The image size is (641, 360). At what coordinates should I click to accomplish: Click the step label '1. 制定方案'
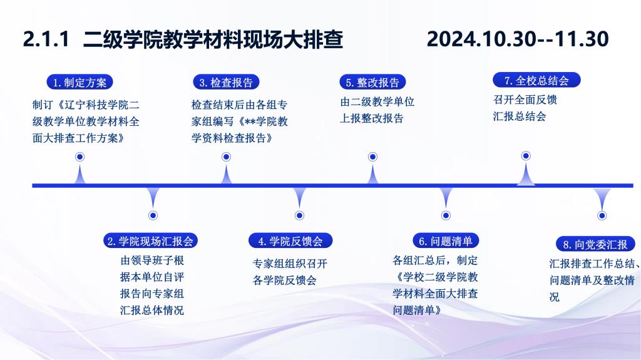coord(79,82)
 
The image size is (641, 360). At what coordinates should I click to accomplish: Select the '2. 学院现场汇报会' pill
coord(150,240)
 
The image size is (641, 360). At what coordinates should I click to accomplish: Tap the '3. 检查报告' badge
coord(226,82)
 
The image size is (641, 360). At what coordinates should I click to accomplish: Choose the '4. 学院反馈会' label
coord(290,240)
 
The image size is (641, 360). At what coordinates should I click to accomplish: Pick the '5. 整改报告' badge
coord(372,82)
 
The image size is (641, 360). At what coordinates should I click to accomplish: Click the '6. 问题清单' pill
coord(446,240)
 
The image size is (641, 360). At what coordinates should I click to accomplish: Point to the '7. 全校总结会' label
coord(536,80)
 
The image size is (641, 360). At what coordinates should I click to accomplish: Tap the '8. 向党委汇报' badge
coord(596,244)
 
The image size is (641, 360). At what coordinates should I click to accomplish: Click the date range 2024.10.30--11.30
coord(518,39)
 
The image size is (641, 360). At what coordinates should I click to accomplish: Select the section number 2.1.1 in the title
coord(46,39)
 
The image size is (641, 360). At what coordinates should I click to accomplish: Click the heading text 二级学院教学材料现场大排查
coord(213,39)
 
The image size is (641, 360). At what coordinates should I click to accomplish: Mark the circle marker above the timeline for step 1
coord(79,157)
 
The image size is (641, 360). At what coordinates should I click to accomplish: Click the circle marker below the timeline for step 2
coord(153,215)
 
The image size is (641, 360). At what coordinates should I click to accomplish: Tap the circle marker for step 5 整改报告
coord(372,157)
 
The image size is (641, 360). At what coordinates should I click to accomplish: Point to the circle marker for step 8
coord(602,215)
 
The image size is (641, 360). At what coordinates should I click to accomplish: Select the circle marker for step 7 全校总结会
coord(526,156)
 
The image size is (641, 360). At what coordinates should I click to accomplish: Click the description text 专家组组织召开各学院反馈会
coord(290,272)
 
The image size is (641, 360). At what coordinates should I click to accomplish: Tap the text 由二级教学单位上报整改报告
coord(377,110)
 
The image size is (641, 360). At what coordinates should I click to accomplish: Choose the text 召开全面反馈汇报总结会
coord(525,108)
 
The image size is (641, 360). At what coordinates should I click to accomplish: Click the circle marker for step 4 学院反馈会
coord(299,215)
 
